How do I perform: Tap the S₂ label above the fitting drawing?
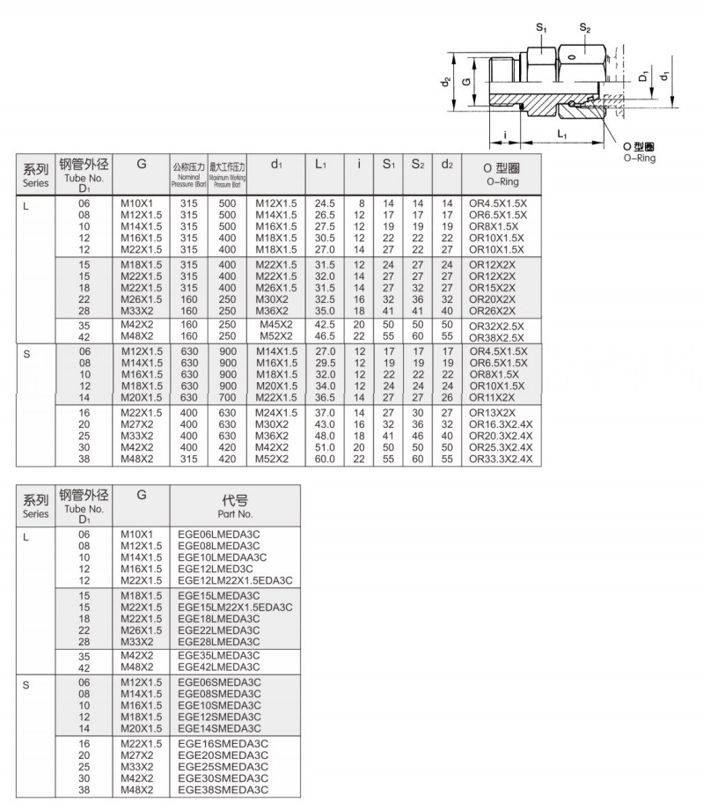(x=584, y=29)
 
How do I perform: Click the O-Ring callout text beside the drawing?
(x=640, y=151)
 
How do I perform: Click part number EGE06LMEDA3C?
(x=217, y=534)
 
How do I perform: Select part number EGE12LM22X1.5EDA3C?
(x=234, y=580)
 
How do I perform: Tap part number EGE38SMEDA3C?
(x=219, y=789)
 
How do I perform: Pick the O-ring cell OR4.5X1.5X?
(x=497, y=203)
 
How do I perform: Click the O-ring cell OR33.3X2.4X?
(x=501, y=458)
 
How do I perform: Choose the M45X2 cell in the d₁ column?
(x=275, y=325)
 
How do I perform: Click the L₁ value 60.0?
(x=326, y=458)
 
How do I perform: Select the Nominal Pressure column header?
(x=188, y=173)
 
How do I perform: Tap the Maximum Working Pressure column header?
(x=227, y=173)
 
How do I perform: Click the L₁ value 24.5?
(x=326, y=203)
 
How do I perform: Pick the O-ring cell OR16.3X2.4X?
(x=501, y=423)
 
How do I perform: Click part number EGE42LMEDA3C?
(x=218, y=666)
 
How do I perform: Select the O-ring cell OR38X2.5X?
(x=497, y=336)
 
